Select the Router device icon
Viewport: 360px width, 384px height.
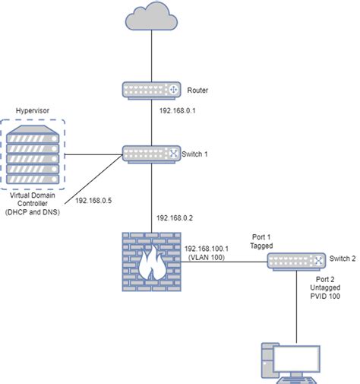(x=152, y=90)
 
